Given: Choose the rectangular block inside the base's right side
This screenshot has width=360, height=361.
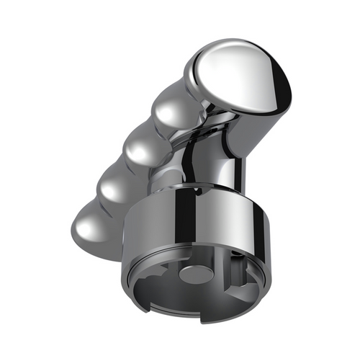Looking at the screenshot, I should point(243,288).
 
